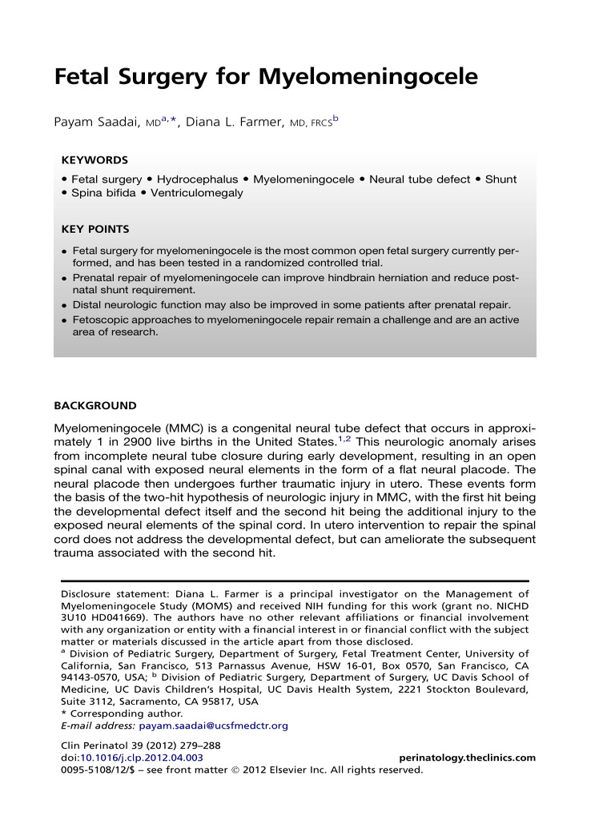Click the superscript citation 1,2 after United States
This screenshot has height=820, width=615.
(345, 438)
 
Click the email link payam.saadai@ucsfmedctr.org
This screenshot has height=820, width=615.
(213, 726)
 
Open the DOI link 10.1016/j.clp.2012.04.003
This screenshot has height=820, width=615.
(139, 758)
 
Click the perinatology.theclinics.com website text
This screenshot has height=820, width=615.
(467, 758)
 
